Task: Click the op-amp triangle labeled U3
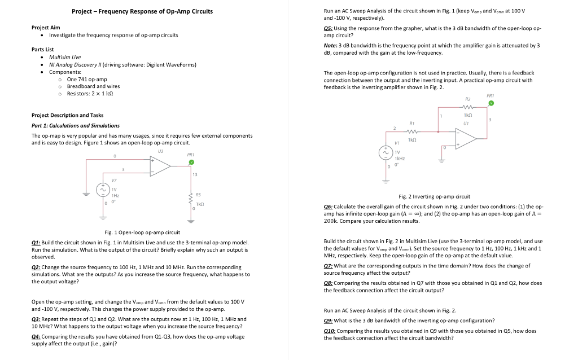tap(160, 164)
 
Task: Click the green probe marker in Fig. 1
tap(191, 162)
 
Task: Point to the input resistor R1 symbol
tap(412, 131)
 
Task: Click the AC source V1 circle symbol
tap(387, 152)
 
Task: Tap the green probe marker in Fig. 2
tap(491, 103)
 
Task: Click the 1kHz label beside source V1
tap(399, 159)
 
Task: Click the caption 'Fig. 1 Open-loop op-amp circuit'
tap(142, 232)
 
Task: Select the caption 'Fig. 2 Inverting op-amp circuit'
tap(434, 196)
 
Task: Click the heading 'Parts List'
tap(43, 50)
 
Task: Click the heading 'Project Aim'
tap(46, 27)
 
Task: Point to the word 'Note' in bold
tap(330, 45)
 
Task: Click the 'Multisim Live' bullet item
tap(65, 57)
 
